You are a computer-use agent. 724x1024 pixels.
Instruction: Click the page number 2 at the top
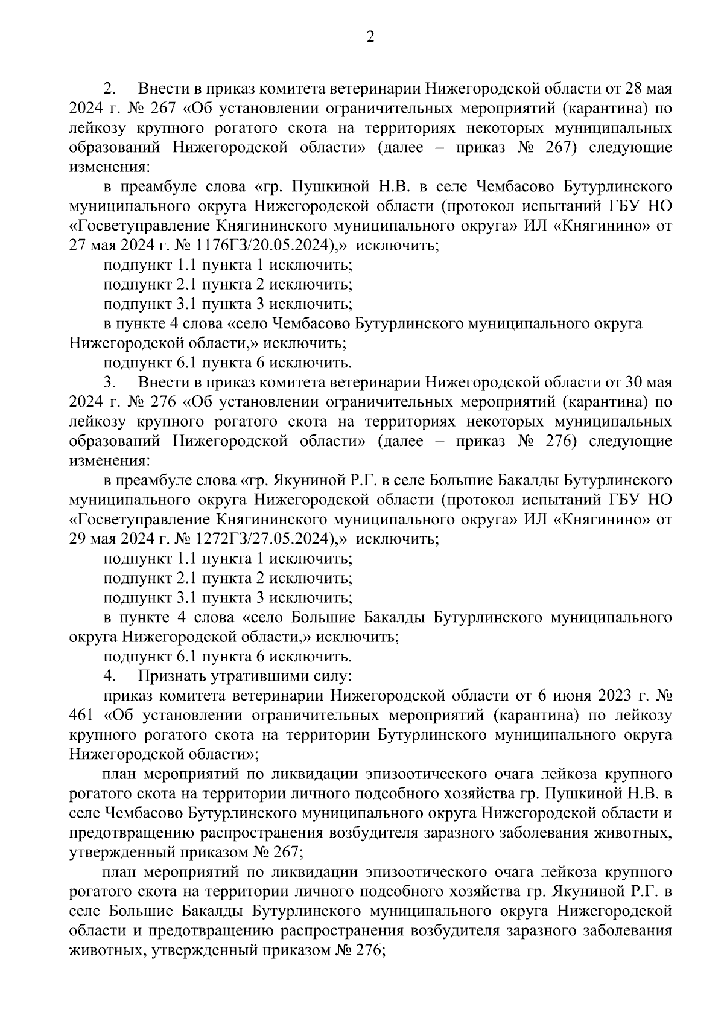click(x=370, y=37)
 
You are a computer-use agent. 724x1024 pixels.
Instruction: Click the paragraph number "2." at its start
click(x=109, y=89)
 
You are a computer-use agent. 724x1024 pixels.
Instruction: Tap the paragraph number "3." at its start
click(x=109, y=383)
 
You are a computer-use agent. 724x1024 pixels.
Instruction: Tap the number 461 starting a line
click(x=81, y=716)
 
